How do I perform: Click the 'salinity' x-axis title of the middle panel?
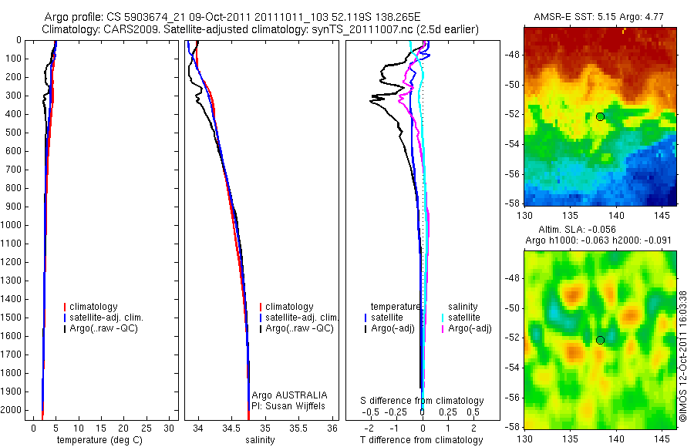(259, 440)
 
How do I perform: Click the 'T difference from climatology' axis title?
(422, 440)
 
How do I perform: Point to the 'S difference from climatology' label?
(423, 401)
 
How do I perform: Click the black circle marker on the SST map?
(600, 116)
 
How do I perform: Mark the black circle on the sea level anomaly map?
(600, 340)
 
